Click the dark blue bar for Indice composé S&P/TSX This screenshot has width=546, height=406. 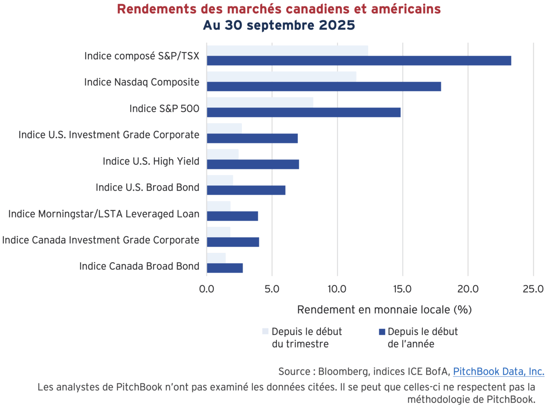358,61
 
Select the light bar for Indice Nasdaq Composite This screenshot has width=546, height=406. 282,76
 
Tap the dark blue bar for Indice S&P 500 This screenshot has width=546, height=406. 303,112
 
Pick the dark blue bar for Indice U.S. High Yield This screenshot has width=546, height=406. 253,164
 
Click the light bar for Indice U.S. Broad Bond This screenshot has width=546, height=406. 220,180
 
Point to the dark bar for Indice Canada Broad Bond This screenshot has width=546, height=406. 225,268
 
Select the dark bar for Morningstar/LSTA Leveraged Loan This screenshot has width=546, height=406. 232,216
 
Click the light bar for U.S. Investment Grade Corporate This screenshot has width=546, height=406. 224,128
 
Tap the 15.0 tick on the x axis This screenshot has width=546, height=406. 402,289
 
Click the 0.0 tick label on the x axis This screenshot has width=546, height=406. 207,289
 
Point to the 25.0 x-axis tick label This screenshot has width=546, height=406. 533,289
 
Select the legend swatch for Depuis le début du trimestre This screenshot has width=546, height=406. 265,331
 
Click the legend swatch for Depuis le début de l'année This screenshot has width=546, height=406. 381,331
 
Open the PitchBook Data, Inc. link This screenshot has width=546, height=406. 498,371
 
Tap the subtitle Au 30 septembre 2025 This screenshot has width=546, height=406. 279,25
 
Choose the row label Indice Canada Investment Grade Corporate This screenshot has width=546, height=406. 101,240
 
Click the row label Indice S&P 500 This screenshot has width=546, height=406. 164,109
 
